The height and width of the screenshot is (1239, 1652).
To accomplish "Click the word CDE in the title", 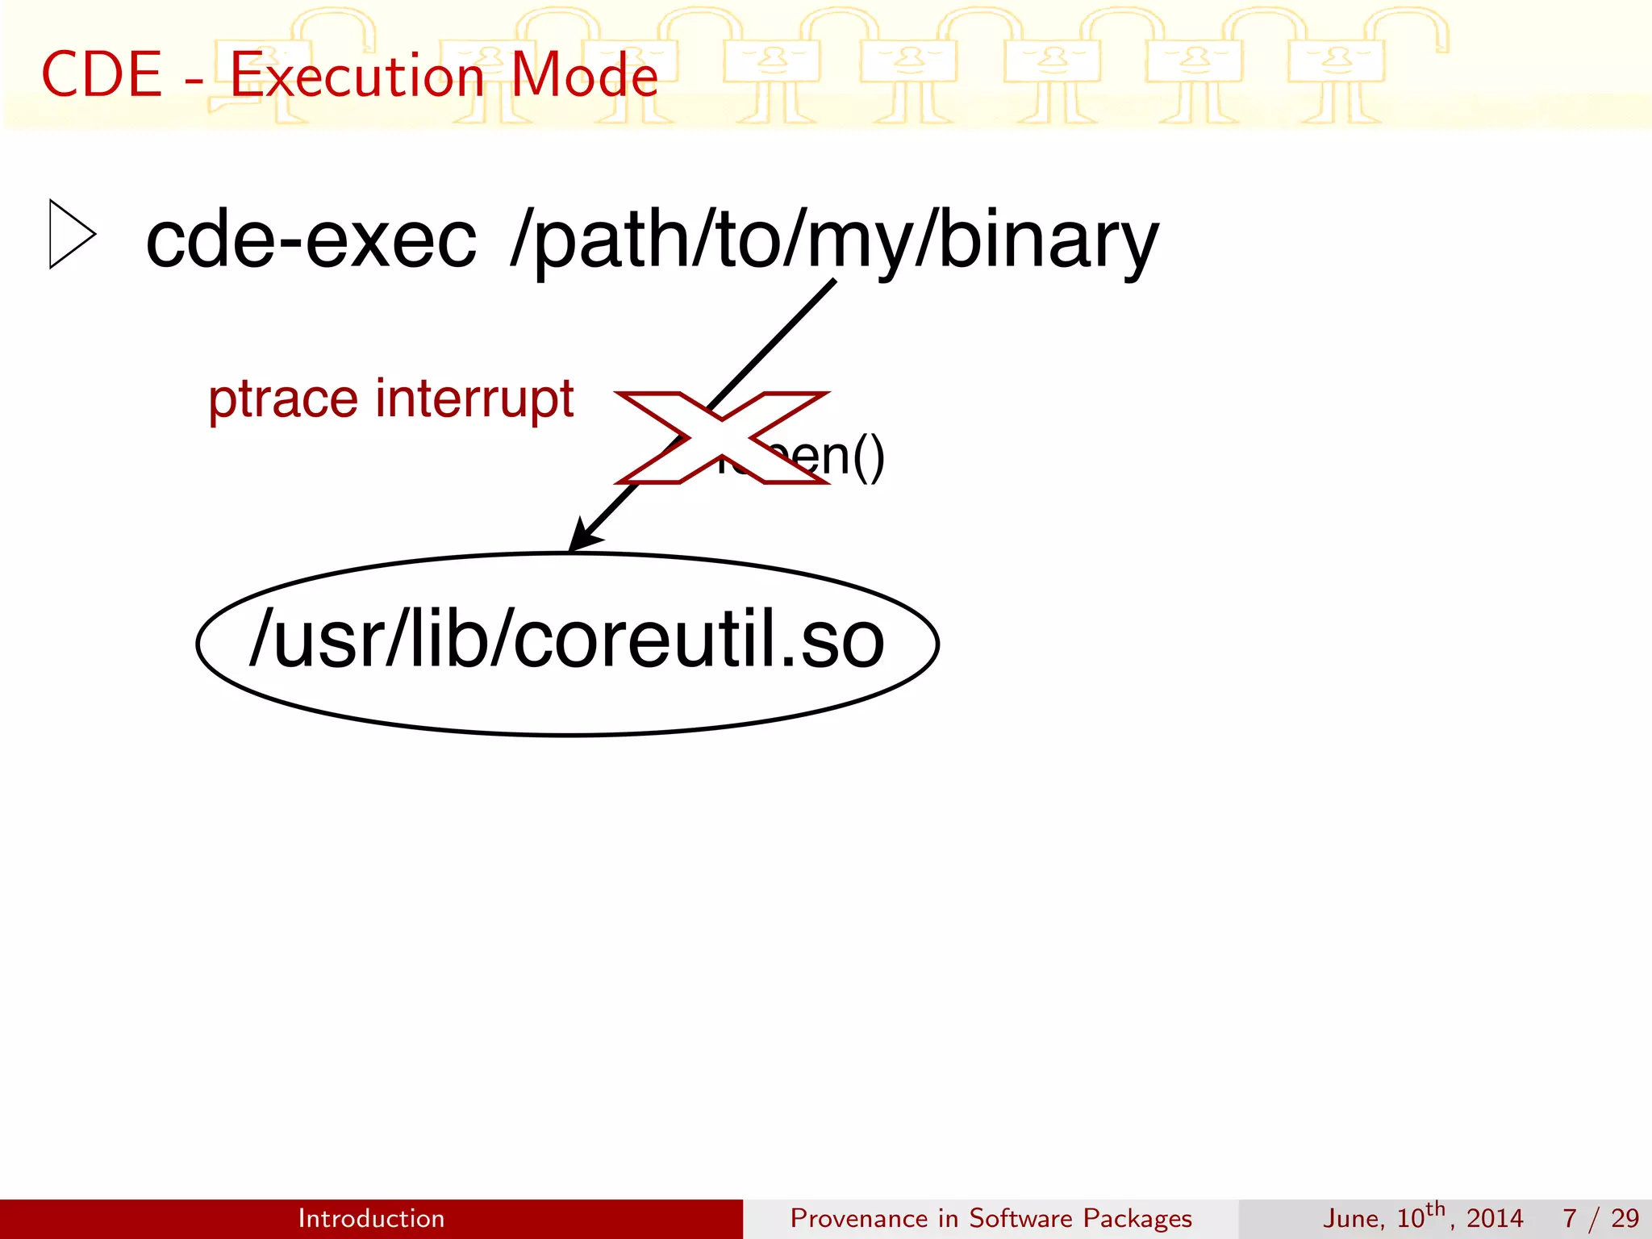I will point(102,75).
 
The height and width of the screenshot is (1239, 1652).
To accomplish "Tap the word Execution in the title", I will point(357,75).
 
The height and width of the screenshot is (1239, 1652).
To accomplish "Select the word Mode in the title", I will point(585,75).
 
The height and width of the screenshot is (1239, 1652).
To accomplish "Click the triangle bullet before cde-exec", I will point(72,234).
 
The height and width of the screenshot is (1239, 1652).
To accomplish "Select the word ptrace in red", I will point(282,399).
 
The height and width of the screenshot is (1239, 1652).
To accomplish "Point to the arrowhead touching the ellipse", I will point(582,537).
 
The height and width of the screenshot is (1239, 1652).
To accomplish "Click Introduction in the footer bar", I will point(371,1218).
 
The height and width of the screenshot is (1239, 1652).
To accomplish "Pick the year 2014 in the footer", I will point(1494,1218).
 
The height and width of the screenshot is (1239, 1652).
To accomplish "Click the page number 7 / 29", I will point(1600,1218).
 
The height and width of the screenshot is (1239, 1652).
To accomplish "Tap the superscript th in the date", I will point(1435,1209).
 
